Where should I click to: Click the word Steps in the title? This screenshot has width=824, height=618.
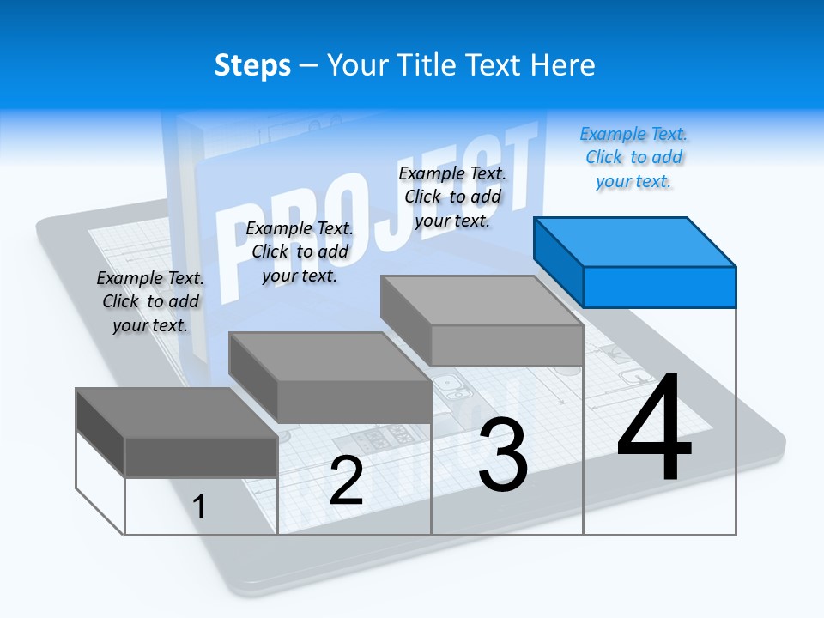point(252,65)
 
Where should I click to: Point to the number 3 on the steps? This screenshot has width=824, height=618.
point(503,455)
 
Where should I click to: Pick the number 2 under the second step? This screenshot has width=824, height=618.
point(346,481)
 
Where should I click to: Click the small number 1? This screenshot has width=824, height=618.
point(199,506)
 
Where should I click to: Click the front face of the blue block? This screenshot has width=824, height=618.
point(659,287)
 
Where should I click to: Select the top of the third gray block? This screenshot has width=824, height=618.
point(482,300)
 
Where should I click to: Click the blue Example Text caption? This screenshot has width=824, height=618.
point(633,158)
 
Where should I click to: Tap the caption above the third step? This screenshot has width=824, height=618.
point(452,197)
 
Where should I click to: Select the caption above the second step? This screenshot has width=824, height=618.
point(300,251)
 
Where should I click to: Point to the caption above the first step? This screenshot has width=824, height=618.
point(150,301)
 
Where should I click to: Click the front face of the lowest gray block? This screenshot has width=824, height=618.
point(201,457)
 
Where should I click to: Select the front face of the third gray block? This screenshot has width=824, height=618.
point(506,346)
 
